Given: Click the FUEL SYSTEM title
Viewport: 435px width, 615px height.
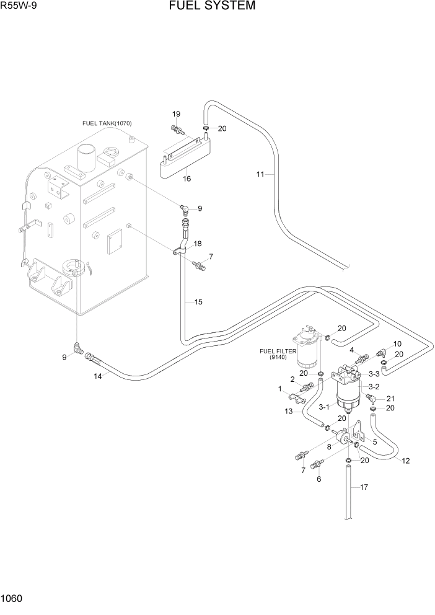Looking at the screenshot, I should [211, 7].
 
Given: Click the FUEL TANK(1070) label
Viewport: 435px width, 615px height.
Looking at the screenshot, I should [107, 123].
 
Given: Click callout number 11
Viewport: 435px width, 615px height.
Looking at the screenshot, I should [261, 175].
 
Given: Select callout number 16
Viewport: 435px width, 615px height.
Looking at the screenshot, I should [187, 179].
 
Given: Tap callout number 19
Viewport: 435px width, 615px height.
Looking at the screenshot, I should [176, 114].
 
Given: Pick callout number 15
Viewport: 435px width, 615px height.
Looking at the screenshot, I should [198, 302].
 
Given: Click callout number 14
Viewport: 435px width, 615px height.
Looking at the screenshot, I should [98, 376].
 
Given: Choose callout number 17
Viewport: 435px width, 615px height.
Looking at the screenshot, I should [364, 487].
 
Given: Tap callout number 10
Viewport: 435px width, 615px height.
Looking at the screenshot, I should [397, 343].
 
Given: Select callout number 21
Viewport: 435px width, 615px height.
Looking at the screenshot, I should [390, 398].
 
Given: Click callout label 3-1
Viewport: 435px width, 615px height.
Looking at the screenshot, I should [323, 408].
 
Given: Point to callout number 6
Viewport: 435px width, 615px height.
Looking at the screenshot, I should [319, 479].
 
